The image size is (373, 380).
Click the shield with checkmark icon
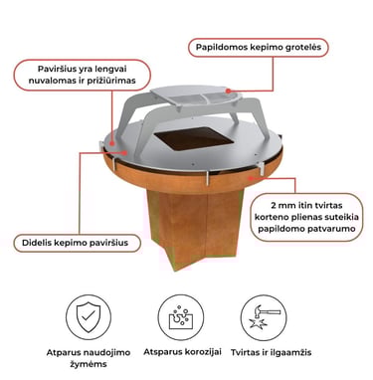coord(89,317)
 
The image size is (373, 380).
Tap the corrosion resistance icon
coord(181,317)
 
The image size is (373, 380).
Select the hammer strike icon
coord(264,317)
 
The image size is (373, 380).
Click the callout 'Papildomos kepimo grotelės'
coord(259,48)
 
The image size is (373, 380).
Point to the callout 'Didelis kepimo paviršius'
coord(78,243)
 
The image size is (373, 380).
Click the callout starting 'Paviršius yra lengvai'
coord(82,75)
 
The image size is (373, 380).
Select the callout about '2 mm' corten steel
coord(306,217)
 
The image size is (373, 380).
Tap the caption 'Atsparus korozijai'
coord(182,352)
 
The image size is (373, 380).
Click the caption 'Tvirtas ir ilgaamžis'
coord(271,352)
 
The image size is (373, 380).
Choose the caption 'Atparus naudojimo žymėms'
coord(89,358)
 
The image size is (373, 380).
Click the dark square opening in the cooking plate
coord(193,138)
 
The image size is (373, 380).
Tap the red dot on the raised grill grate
coord(228,91)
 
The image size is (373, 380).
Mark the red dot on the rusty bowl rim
coord(250,178)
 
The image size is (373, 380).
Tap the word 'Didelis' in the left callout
coord(36,243)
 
